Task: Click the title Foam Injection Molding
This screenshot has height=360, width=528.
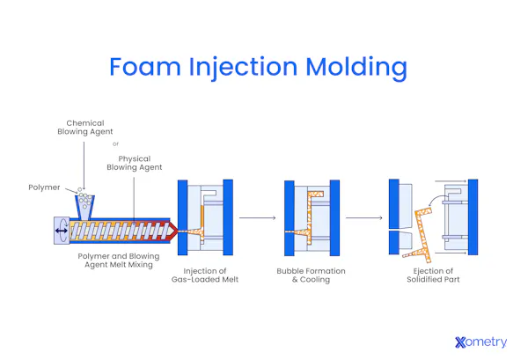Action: [258, 67]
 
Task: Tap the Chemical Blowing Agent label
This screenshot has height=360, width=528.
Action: [85, 128]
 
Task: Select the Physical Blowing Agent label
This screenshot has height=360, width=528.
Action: [134, 163]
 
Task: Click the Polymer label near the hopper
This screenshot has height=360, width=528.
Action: [44, 187]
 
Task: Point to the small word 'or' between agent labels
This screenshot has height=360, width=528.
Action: [115, 144]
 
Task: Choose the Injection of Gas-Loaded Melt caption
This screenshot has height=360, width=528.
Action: [205, 275]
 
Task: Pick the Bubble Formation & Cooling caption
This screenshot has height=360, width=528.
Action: [311, 275]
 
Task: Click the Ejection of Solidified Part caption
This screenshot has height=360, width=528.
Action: [429, 275]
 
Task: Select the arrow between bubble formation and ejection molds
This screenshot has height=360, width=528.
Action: [363, 217]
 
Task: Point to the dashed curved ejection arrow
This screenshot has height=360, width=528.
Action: [432, 203]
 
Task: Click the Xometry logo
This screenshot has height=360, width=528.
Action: [480, 342]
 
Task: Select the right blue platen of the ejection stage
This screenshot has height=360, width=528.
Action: [473, 217]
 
